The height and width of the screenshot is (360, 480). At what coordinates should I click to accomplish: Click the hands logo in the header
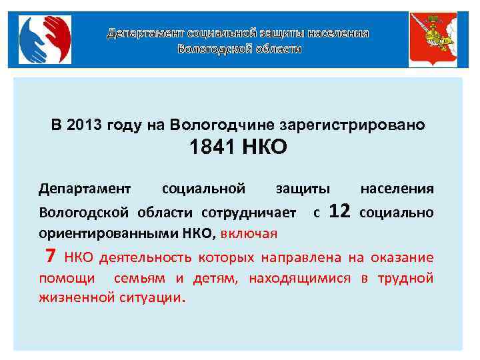(x=44, y=39)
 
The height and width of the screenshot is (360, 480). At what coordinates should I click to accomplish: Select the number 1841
(x=213, y=147)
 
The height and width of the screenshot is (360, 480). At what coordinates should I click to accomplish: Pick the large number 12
(x=340, y=212)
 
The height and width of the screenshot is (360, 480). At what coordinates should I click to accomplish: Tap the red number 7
(x=49, y=256)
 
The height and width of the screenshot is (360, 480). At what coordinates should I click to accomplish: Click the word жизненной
(x=72, y=297)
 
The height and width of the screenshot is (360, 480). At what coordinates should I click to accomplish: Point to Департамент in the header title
(x=146, y=33)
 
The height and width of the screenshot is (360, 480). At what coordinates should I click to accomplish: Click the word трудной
(x=406, y=277)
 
